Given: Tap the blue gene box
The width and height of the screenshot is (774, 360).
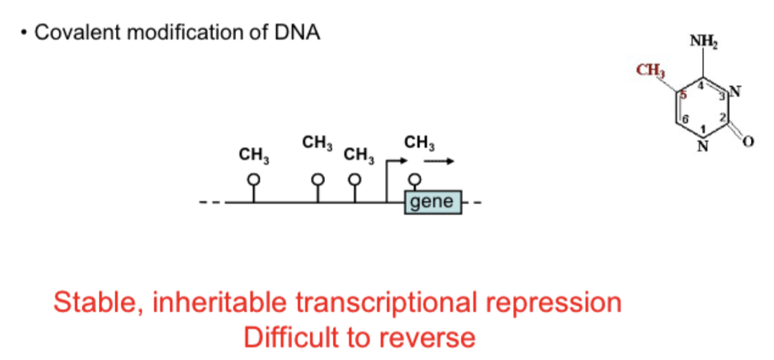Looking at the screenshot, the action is [432, 201].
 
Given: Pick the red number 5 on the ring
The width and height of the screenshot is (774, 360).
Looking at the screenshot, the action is [683, 95].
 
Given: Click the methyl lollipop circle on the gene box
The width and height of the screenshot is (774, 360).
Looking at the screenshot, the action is [414, 179].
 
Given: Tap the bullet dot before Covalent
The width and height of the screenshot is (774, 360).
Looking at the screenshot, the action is [24, 34].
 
